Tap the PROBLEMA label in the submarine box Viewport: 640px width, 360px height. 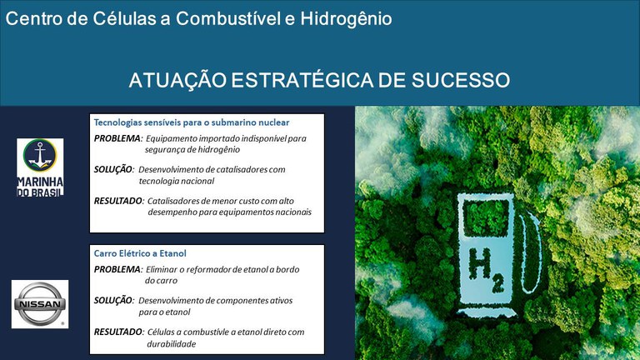[x=117, y=137]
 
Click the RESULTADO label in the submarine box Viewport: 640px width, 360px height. [x=118, y=201]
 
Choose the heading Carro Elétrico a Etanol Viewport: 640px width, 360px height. [x=139, y=252]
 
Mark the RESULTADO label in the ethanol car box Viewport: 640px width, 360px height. [x=118, y=332]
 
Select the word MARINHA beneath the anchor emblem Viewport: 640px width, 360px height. [x=40, y=181]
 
